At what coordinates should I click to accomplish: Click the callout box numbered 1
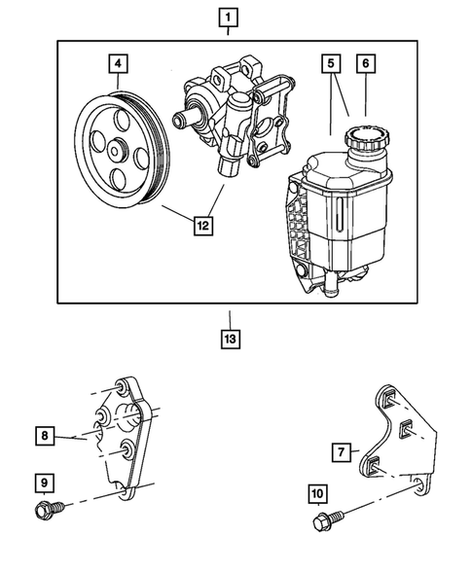click(228, 17)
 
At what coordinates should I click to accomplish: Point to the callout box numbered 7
click(341, 453)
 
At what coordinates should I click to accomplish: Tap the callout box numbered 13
click(230, 340)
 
